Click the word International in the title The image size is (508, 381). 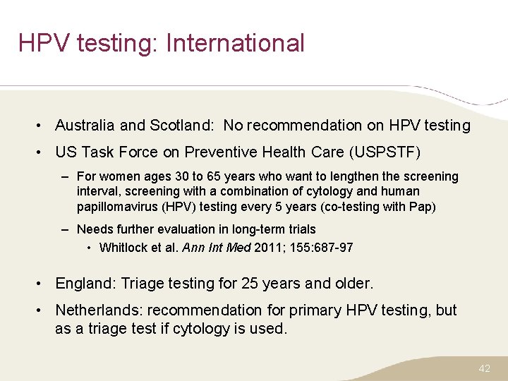coord(235,43)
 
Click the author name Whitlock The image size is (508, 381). coord(123,248)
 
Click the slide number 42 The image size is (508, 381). coord(484,368)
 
